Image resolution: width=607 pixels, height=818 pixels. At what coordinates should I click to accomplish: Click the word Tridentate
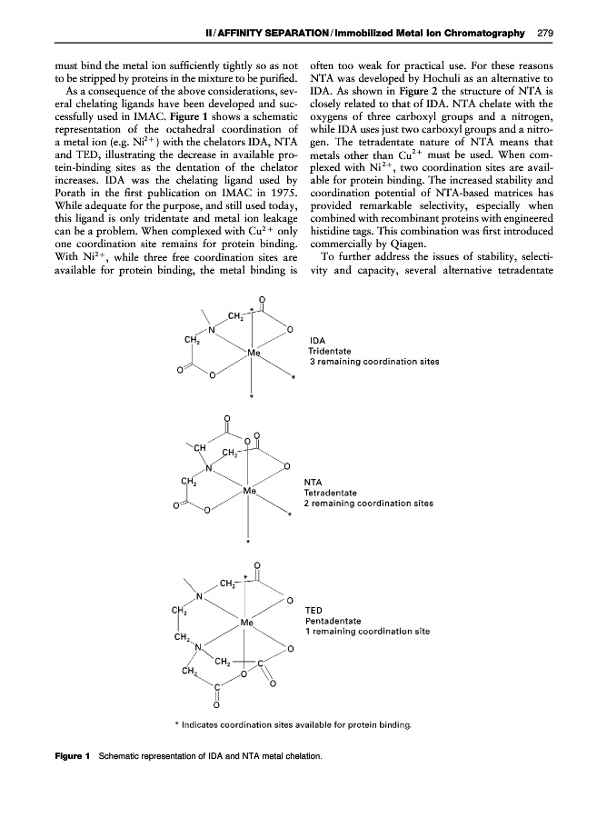[x=335, y=352]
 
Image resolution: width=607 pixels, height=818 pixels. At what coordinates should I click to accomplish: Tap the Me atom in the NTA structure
[x=250, y=492]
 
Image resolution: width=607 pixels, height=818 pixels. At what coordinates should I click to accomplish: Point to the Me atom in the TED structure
[x=248, y=623]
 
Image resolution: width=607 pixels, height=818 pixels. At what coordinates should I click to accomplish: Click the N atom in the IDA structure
[x=212, y=330]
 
